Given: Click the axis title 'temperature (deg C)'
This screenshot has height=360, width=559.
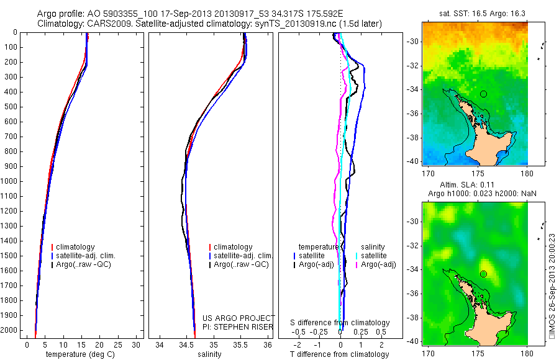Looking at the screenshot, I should point(78,354).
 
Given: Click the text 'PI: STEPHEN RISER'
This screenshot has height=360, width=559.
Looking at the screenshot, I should point(239,326).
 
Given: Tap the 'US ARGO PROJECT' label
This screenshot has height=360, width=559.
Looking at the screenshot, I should point(239,318).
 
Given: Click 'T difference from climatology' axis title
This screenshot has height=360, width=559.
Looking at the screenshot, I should point(340,354).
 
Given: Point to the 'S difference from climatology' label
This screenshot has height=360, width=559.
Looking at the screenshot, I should point(340,323).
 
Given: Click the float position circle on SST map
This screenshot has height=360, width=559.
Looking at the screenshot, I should point(483,94).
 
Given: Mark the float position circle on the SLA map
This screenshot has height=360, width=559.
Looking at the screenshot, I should point(483,274).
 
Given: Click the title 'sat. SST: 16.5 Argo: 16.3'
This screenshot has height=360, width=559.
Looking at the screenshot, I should point(475,14).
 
